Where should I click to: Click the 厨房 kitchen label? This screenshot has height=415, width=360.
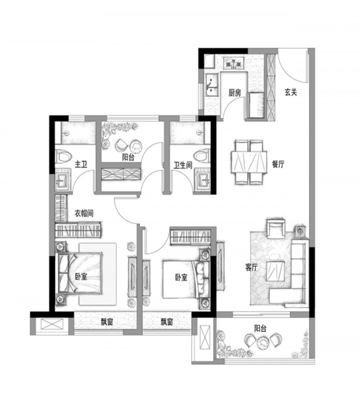point(235,93)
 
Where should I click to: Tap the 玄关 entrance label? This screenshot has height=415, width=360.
point(291,92)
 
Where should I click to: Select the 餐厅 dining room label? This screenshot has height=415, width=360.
point(278,164)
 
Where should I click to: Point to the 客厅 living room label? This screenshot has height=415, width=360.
point(251,267)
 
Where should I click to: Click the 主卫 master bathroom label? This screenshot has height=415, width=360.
point(81,165)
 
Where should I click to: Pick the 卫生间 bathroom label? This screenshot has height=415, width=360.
point(183,165)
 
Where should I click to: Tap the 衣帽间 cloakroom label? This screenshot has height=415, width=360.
point(84,213)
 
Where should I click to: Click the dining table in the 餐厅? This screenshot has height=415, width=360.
point(249,162)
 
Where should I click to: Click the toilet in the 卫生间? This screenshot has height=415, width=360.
point(202,155)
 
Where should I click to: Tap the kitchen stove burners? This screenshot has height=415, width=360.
point(233,63)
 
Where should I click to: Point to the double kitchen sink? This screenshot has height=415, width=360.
point(212,85)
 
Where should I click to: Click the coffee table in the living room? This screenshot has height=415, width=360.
point(275,271)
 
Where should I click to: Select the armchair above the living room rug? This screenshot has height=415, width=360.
point(275,228)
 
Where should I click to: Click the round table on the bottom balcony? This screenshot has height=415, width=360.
point(263,343)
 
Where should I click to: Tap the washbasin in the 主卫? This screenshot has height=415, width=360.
point(63,181)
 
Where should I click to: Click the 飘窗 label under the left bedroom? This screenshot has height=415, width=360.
point(107,322)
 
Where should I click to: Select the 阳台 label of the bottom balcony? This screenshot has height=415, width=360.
point(260,329)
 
